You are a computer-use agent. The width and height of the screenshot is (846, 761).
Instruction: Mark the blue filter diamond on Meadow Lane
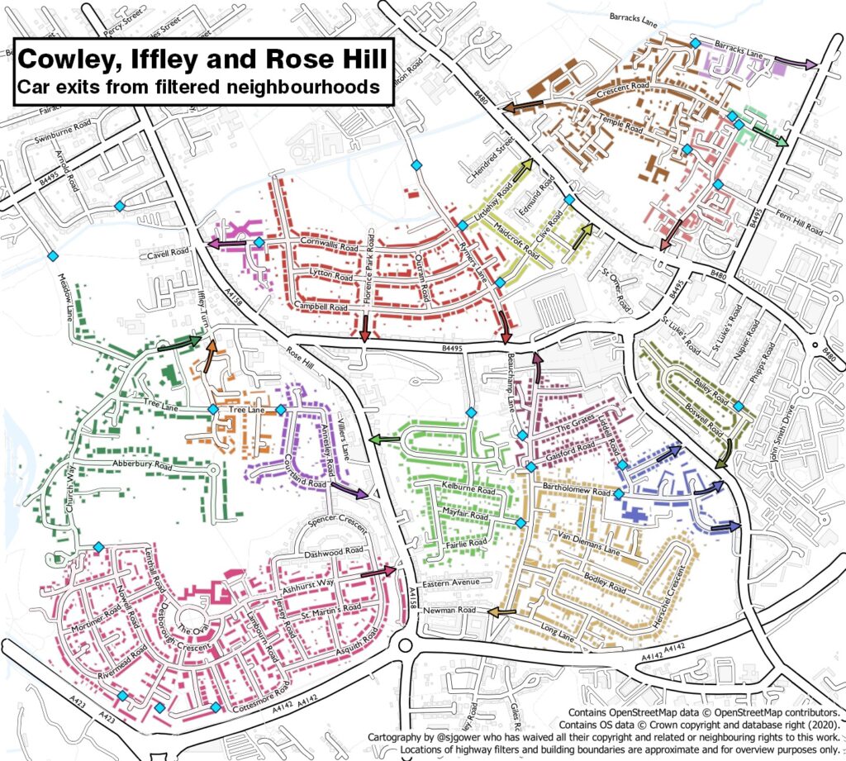tap(53, 255)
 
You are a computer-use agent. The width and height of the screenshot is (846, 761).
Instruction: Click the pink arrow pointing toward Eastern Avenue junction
tap(378, 571)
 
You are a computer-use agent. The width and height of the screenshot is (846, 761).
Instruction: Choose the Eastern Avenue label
tap(450, 583)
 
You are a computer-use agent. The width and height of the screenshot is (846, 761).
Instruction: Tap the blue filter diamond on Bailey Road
tap(738, 406)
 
